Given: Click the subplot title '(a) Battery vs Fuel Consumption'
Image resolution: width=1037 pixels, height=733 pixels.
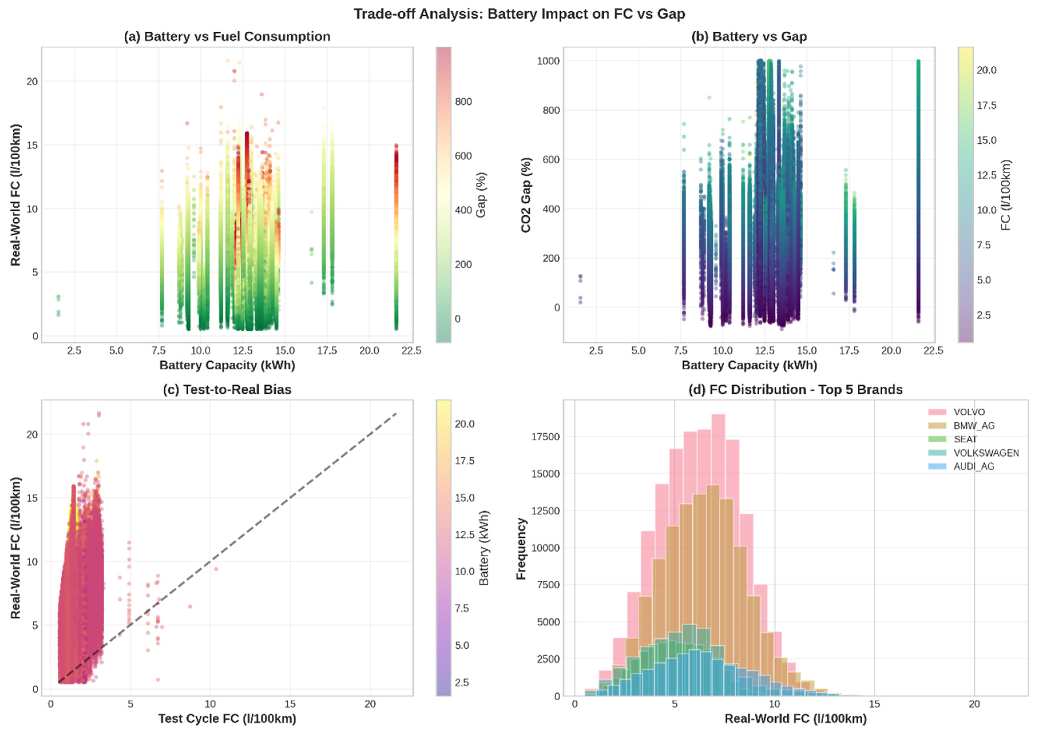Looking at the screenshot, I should click(227, 37).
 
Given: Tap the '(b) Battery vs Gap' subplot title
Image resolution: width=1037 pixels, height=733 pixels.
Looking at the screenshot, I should click(749, 37).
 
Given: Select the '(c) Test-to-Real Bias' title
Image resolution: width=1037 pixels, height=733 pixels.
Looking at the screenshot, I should click(227, 390).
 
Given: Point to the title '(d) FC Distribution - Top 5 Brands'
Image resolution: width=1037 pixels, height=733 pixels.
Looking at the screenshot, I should click(795, 390).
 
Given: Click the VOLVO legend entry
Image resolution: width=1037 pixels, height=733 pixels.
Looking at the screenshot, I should click(969, 412).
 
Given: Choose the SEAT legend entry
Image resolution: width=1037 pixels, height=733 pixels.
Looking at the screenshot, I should click(965, 439).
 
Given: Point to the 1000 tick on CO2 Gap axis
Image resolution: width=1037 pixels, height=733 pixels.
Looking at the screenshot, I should click(548, 61).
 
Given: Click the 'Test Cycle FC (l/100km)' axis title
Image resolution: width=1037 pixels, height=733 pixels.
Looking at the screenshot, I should click(227, 718).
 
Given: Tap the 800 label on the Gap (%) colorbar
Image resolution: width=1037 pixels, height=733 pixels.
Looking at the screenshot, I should click(463, 101).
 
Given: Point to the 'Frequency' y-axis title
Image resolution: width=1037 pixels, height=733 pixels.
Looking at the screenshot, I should click(522, 548).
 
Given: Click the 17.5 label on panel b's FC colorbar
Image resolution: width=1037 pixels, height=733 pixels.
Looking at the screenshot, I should click(986, 105).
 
